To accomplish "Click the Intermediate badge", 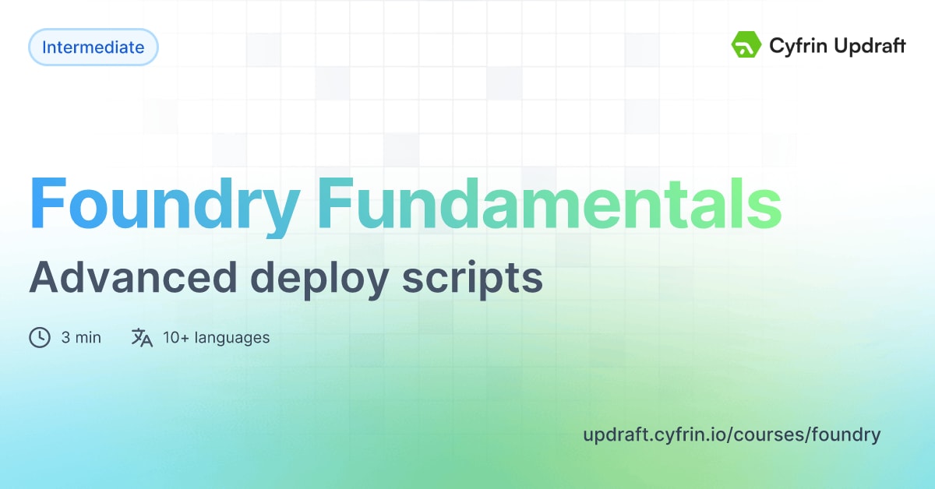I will point(93,47).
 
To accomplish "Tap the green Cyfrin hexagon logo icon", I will point(746,45).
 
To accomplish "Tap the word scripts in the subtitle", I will point(473,278).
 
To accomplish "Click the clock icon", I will point(40,338).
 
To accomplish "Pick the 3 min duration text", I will point(81,338).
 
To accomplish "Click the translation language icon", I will point(142,338).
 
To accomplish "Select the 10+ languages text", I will point(216,338).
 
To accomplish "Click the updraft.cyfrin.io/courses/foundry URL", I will point(731,434).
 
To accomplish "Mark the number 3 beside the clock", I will point(65,338).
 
